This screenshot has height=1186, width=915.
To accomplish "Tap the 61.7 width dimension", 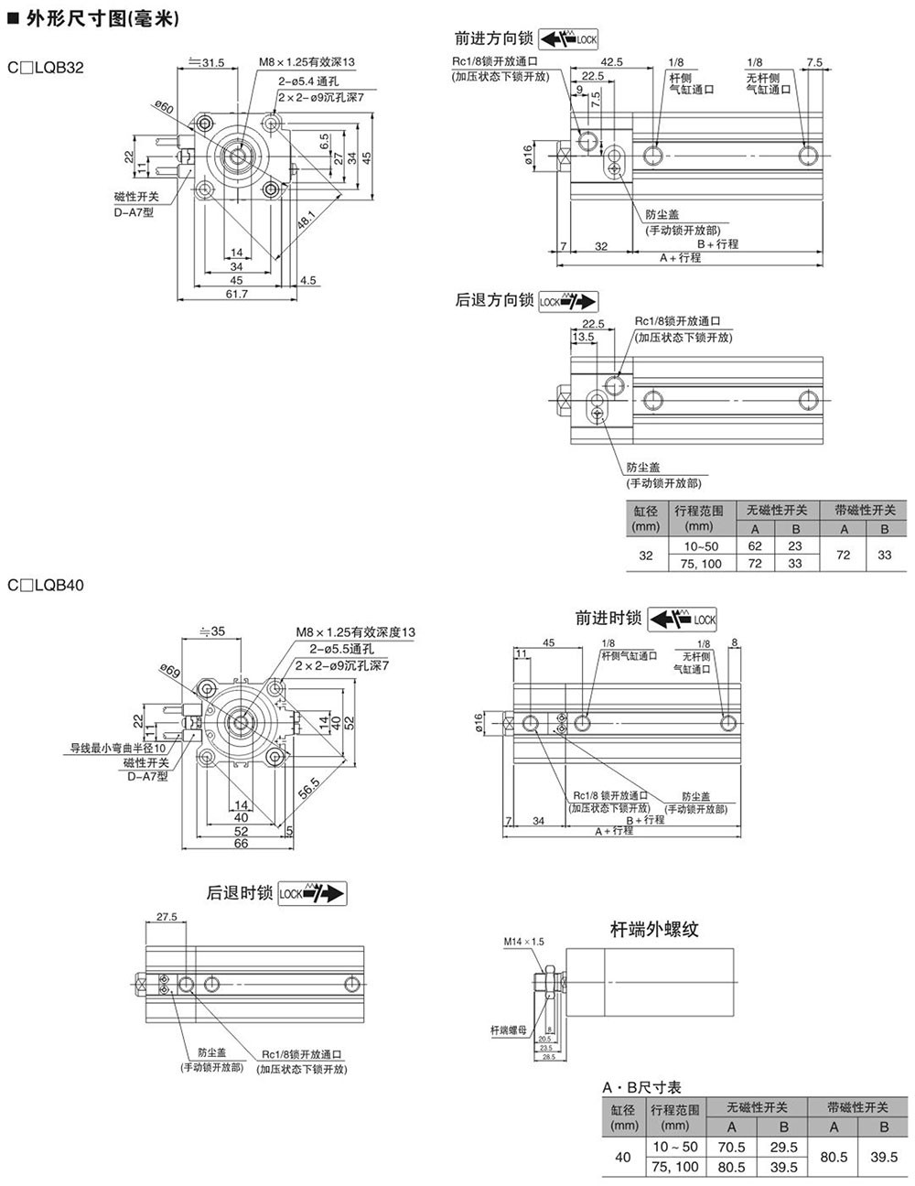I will click(236, 294).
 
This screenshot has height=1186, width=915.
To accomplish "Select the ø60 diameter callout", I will click(165, 108).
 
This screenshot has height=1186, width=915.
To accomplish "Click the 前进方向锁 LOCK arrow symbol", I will click(568, 39).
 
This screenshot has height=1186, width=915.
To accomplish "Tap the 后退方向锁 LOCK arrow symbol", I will click(567, 300).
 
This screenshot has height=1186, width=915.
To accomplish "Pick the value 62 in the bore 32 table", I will click(755, 546).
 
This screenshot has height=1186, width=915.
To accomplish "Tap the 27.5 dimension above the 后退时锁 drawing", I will click(167, 916).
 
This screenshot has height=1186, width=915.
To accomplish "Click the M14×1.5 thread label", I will click(523, 942).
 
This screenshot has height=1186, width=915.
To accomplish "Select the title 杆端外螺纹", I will click(654, 930).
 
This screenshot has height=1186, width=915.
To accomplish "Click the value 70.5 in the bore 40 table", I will click(732, 1147).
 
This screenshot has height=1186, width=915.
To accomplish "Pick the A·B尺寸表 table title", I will click(641, 1087).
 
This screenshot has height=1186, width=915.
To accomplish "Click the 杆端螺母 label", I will click(509, 1030).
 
